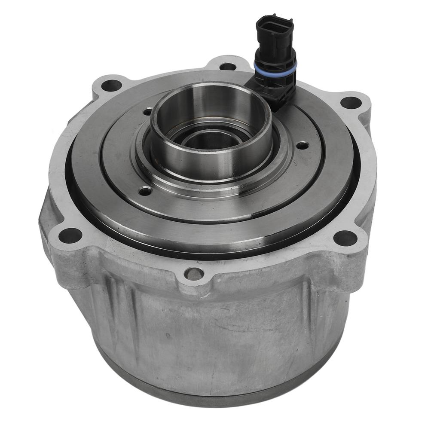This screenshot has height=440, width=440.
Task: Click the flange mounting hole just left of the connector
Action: (227, 66)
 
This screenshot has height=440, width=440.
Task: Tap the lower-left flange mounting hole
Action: (70, 235)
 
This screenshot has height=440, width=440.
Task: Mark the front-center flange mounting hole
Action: (194, 273)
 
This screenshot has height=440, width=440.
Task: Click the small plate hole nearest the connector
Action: (302, 145)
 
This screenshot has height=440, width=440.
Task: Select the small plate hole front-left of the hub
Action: (146, 191)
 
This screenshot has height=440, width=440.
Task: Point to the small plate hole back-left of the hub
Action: (147, 113)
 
